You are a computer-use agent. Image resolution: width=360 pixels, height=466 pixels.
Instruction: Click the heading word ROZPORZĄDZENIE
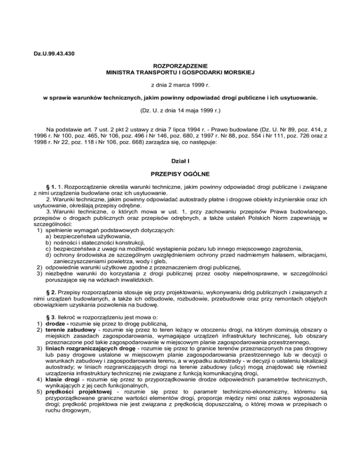coord(180,67)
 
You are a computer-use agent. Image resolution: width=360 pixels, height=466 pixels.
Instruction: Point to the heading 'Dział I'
coord(180,160)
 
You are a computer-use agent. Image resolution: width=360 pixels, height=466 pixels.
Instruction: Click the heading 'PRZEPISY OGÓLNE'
coord(180,174)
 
